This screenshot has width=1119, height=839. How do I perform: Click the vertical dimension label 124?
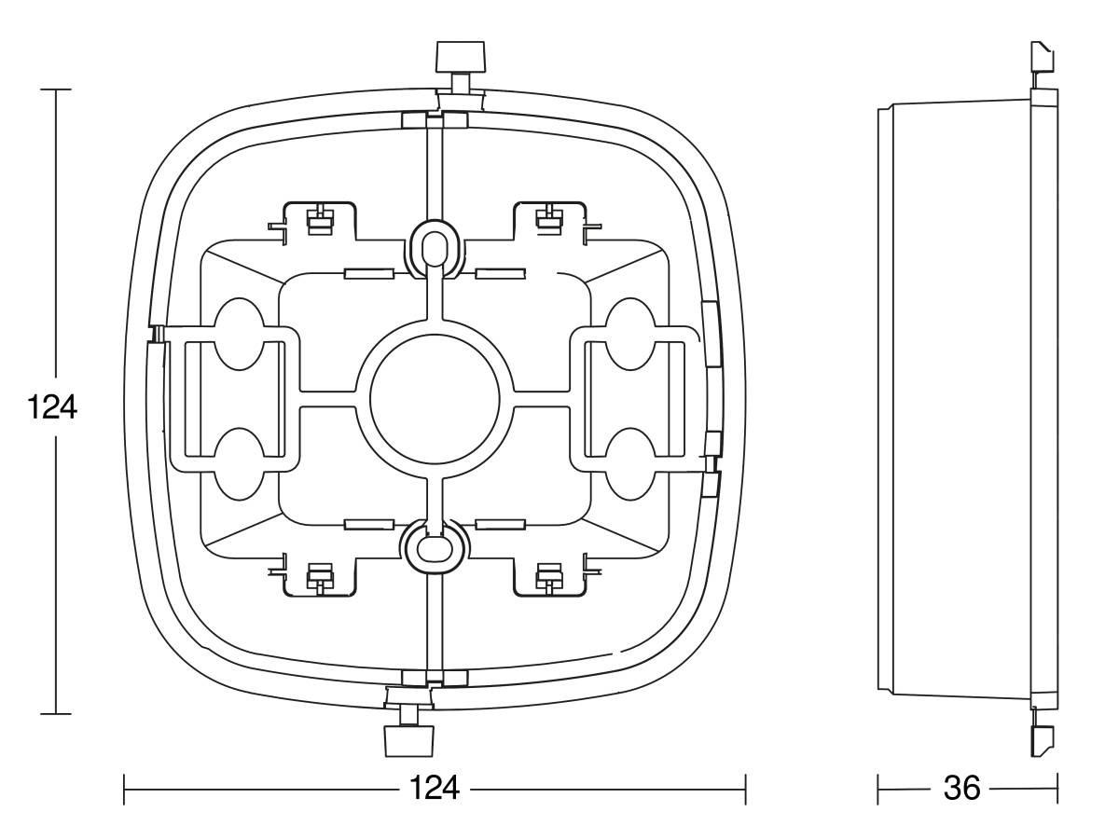click(52, 406)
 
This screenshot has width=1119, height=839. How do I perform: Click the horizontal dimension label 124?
click(435, 788)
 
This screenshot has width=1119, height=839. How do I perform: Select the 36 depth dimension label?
click(961, 788)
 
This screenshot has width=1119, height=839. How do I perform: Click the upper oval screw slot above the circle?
click(435, 249)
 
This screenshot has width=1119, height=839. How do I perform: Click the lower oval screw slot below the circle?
click(435, 546)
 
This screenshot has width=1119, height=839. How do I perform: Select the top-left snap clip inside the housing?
click(320, 220)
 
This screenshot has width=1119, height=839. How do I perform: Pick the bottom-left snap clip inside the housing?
click(320, 577)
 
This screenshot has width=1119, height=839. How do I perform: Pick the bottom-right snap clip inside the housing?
click(549, 577)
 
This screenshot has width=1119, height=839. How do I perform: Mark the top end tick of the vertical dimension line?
click(56, 89)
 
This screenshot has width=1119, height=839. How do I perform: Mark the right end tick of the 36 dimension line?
click(1057, 788)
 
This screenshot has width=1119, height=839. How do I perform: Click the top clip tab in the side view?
click(1043, 58)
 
